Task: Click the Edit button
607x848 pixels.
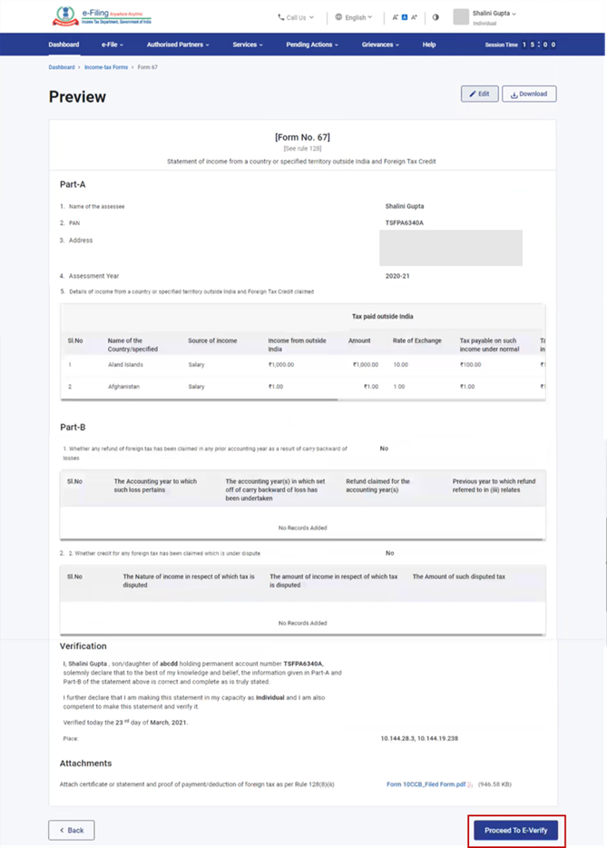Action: tap(480, 94)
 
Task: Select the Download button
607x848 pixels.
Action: tap(529, 94)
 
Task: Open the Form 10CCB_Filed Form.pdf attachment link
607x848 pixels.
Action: tap(425, 784)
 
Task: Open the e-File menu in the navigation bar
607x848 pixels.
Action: tap(112, 44)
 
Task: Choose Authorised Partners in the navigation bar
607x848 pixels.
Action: tap(179, 44)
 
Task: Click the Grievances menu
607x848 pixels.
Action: tap(381, 44)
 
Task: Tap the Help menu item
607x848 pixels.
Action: tap(429, 44)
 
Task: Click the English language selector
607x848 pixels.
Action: tap(354, 17)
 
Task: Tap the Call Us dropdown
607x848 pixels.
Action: tap(296, 17)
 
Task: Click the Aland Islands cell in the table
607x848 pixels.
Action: tap(125, 364)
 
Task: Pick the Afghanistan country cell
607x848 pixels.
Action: tap(125, 386)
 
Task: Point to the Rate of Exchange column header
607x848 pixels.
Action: tap(416, 340)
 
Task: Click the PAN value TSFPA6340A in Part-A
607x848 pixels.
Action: tap(405, 222)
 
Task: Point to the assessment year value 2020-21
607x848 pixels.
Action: tap(398, 276)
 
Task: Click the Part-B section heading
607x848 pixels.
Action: tap(73, 426)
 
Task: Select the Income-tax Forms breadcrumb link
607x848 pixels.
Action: tap(106, 67)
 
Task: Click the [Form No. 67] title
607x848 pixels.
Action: tap(302, 137)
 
